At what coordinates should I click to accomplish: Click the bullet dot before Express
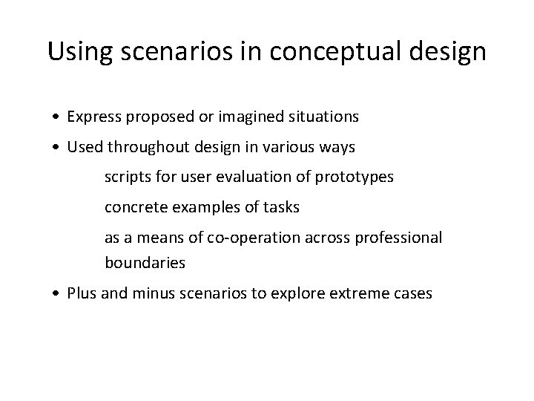[x=57, y=117]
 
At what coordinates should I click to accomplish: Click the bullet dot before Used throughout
[x=57, y=148]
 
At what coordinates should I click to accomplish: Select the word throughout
[x=140, y=147]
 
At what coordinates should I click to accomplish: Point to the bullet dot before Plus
[x=57, y=293]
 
